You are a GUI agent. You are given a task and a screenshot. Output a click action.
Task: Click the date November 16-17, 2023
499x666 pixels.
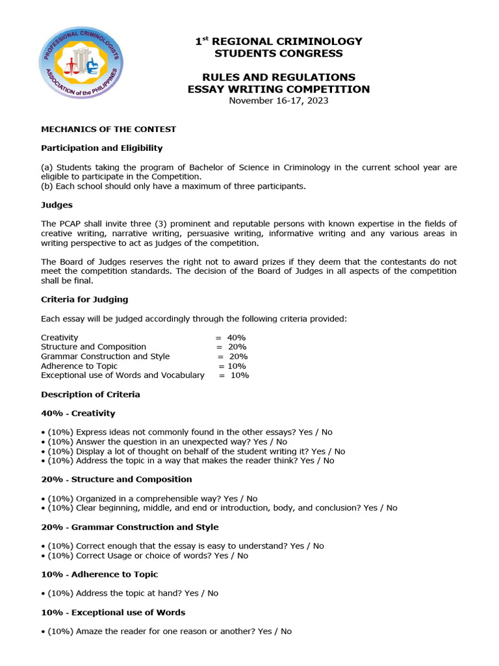pyautogui.click(x=279, y=101)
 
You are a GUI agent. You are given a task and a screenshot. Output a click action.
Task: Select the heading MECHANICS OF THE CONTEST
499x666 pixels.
pyautogui.click(x=109, y=129)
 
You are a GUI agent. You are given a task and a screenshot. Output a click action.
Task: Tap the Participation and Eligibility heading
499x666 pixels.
pyautogui.click(x=102, y=148)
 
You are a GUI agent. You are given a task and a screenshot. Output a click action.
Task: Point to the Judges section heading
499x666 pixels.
pyautogui.click(x=57, y=205)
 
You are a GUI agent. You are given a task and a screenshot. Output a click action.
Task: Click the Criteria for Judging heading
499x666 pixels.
pyautogui.click(x=84, y=300)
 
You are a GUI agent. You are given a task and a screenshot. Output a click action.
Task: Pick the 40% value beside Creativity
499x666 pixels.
pyautogui.click(x=236, y=338)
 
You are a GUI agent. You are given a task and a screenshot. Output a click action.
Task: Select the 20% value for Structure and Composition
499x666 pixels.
pyautogui.click(x=236, y=347)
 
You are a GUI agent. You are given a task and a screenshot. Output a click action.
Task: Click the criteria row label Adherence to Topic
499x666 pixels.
pyautogui.click(x=79, y=366)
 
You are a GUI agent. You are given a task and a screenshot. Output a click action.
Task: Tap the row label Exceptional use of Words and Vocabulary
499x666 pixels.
pyautogui.click(x=122, y=375)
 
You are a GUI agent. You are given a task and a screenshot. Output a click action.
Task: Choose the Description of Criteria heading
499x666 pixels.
pyautogui.click(x=90, y=395)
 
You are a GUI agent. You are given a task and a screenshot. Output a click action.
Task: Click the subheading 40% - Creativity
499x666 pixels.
pyautogui.click(x=78, y=414)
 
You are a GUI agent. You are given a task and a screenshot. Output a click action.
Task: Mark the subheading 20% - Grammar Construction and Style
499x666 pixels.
pyautogui.click(x=130, y=527)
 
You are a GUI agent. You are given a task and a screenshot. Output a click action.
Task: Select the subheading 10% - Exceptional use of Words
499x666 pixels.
pyautogui.click(x=113, y=613)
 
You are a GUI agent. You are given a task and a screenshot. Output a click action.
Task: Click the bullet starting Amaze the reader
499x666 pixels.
pyautogui.click(x=168, y=632)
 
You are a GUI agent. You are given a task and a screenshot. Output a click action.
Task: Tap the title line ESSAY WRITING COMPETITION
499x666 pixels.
pyautogui.click(x=279, y=89)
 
